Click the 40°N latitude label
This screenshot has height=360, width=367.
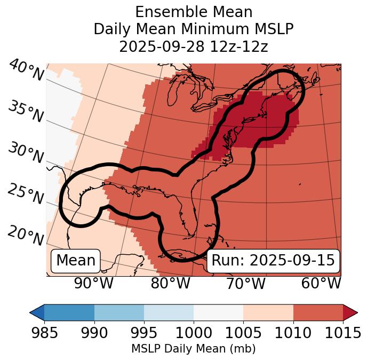tap(26, 71)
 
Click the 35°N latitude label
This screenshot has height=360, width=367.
tap(26, 112)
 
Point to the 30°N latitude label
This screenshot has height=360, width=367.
tap(26, 153)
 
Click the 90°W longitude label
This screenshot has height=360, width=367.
tap(94, 283)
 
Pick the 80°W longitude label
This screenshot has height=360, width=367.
tap(170, 283)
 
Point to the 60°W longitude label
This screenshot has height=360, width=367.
tap(321, 283)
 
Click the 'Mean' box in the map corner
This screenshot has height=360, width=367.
tap(76, 261)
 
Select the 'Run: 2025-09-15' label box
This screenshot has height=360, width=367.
tap(273, 261)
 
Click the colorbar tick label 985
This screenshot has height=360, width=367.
tap(45, 333)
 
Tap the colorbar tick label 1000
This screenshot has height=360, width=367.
tap(194, 333)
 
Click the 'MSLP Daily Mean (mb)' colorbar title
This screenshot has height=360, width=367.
tap(193, 349)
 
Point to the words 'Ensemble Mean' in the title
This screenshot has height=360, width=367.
tap(193, 12)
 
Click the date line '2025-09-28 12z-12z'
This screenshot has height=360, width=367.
tap(193, 46)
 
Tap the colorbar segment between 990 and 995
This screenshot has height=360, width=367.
tap(119, 312)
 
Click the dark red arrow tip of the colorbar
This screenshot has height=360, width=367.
tap(350, 312)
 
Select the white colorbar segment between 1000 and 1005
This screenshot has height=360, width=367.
tap(218, 312)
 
